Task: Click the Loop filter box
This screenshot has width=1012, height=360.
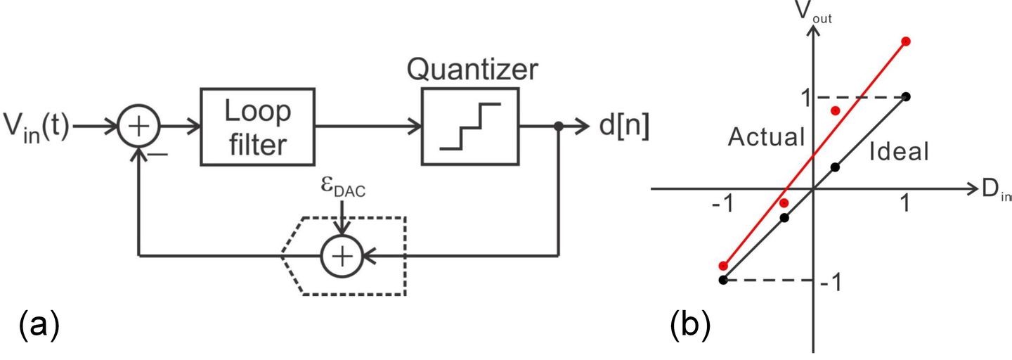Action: click(x=257, y=127)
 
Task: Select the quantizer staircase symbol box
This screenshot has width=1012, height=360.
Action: click(x=469, y=127)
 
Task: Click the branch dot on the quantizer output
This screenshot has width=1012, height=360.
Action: click(x=558, y=128)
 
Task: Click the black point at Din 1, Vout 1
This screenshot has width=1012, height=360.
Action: click(x=906, y=96)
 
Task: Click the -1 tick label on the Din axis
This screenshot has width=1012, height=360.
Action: click(x=722, y=204)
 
